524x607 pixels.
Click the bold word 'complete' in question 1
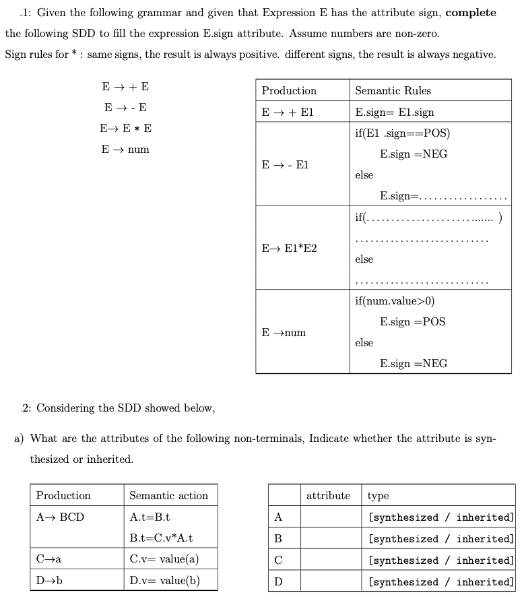click(x=471, y=13)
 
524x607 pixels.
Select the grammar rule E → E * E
click(x=125, y=128)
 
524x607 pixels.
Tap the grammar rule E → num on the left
click(x=125, y=149)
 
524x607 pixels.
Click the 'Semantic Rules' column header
click(x=393, y=90)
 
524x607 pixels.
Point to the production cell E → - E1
click(x=285, y=164)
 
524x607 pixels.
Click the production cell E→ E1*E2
click(x=289, y=248)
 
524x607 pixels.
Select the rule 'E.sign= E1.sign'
click(x=394, y=112)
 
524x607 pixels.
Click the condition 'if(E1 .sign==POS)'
click(x=402, y=133)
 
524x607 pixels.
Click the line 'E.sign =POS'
click(x=412, y=321)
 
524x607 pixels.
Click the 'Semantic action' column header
click(x=168, y=495)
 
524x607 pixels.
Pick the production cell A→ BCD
click(x=60, y=517)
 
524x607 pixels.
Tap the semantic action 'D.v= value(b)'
click(x=164, y=580)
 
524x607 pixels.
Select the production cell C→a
click(x=49, y=558)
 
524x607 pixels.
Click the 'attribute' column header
click(x=328, y=495)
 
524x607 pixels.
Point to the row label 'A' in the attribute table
click(x=278, y=517)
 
